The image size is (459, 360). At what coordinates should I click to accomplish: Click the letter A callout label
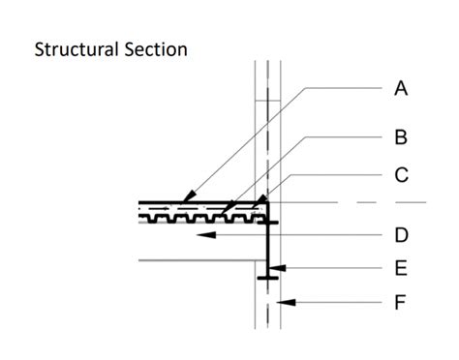click(x=400, y=89)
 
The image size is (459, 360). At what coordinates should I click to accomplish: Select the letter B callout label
click(x=400, y=137)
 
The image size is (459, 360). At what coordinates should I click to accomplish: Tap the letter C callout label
click(x=400, y=176)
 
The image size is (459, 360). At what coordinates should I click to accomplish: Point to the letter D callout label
click(x=400, y=235)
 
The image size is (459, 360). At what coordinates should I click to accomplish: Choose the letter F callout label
click(x=400, y=304)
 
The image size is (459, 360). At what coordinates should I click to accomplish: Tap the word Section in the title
click(x=154, y=48)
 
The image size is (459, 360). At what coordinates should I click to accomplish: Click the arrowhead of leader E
click(x=274, y=268)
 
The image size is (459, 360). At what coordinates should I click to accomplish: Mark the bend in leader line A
click(x=307, y=88)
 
